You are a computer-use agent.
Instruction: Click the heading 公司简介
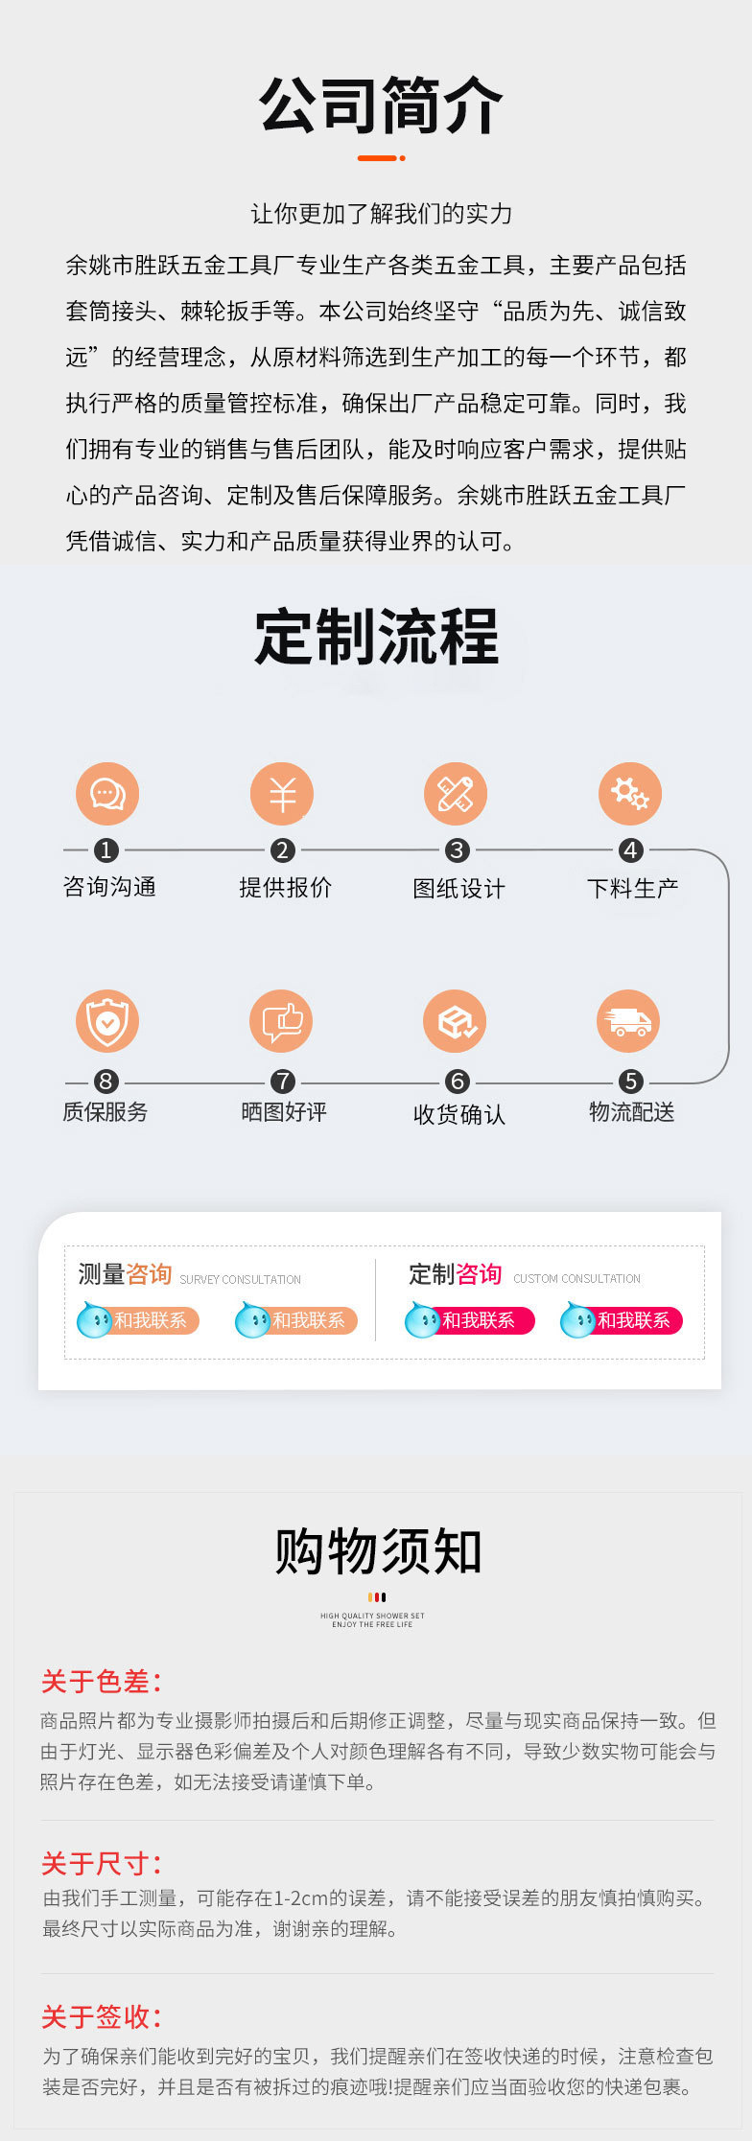(x=381, y=105)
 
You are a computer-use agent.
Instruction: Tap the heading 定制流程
(x=377, y=637)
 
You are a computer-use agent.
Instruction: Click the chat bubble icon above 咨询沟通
(x=107, y=794)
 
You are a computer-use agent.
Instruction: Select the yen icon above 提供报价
(x=282, y=794)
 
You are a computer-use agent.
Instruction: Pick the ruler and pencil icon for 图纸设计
(x=456, y=794)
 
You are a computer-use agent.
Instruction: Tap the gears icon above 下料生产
(x=630, y=794)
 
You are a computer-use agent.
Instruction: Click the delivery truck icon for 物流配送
(x=629, y=1021)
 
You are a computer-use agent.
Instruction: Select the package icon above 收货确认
(x=456, y=1021)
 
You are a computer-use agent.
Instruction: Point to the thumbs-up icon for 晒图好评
(x=282, y=1021)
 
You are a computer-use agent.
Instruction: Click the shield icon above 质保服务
(x=107, y=1021)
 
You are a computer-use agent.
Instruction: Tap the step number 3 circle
(x=457, y=850)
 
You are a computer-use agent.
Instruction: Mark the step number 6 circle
(x=457, y=1082)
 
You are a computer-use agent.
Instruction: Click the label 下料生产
(x=632, y=888)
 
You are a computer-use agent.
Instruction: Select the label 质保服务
(x=106, y=1111)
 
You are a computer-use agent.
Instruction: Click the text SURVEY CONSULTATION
(x=240, y=1280)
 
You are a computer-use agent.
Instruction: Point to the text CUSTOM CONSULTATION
(x=576, y=1279)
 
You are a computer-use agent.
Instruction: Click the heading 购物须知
(x=378, y=1551)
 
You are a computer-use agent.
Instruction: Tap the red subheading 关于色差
(x=101, y=1682)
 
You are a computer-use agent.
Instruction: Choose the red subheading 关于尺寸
(x=101, y=1864)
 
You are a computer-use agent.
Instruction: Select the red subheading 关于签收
(x=101, y=2017)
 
